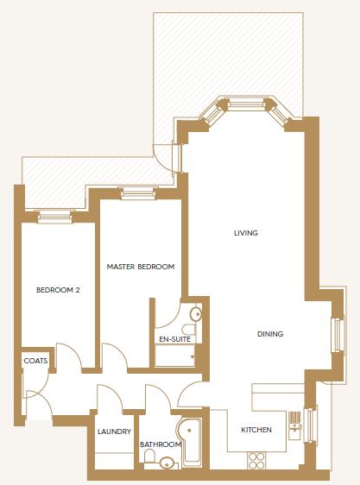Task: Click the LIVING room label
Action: point(246,233)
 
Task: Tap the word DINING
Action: point(269,334)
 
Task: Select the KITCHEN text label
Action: point(256,430)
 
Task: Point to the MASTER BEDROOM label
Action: point(141,267)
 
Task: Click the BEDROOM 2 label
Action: point(58,290)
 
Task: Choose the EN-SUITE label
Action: point(173,338)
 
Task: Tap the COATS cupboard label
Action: point(35,361)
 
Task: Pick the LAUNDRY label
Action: point(114,431)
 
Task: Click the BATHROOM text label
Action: point(161,444)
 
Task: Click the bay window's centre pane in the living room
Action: point(246,104)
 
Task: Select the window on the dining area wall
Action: point(338,334)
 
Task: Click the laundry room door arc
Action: point(109,399)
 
